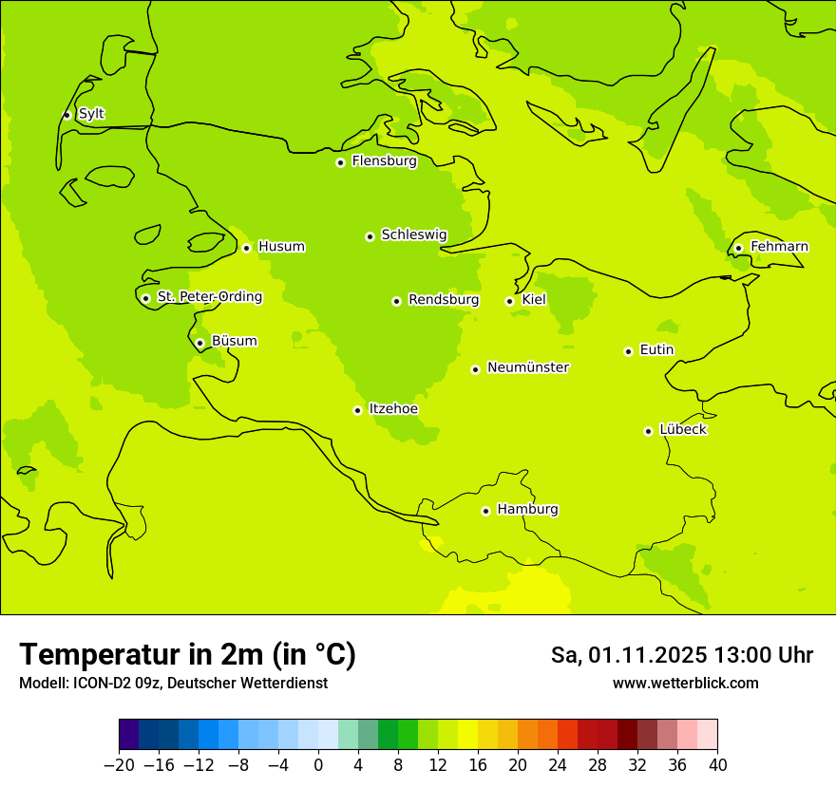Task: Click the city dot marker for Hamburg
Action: click(485, 511)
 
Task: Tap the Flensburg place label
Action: click(384, 161)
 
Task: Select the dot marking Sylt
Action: click(66, 115)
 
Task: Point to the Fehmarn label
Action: click(779, 247)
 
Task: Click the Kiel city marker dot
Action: click(509, 301)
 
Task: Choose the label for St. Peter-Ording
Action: click(209, 297)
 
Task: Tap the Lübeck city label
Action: click(682, 430)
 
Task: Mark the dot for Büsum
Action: click(199, 343)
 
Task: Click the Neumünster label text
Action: click(528, 367)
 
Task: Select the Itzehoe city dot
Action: click(357, 410)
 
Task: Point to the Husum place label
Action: click(281, 247)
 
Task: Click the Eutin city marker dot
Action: click(628, 351)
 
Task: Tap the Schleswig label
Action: click(413, 235)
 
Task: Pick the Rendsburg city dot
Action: click(396, 301)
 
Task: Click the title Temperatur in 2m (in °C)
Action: click(187, 655)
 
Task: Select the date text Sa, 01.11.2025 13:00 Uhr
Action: click(681, 655)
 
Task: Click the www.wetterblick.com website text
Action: click(685, 684)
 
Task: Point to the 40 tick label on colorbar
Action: click(717, 765)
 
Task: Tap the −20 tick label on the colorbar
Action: click(119, 765)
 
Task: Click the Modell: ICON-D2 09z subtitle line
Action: click(173, 684)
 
